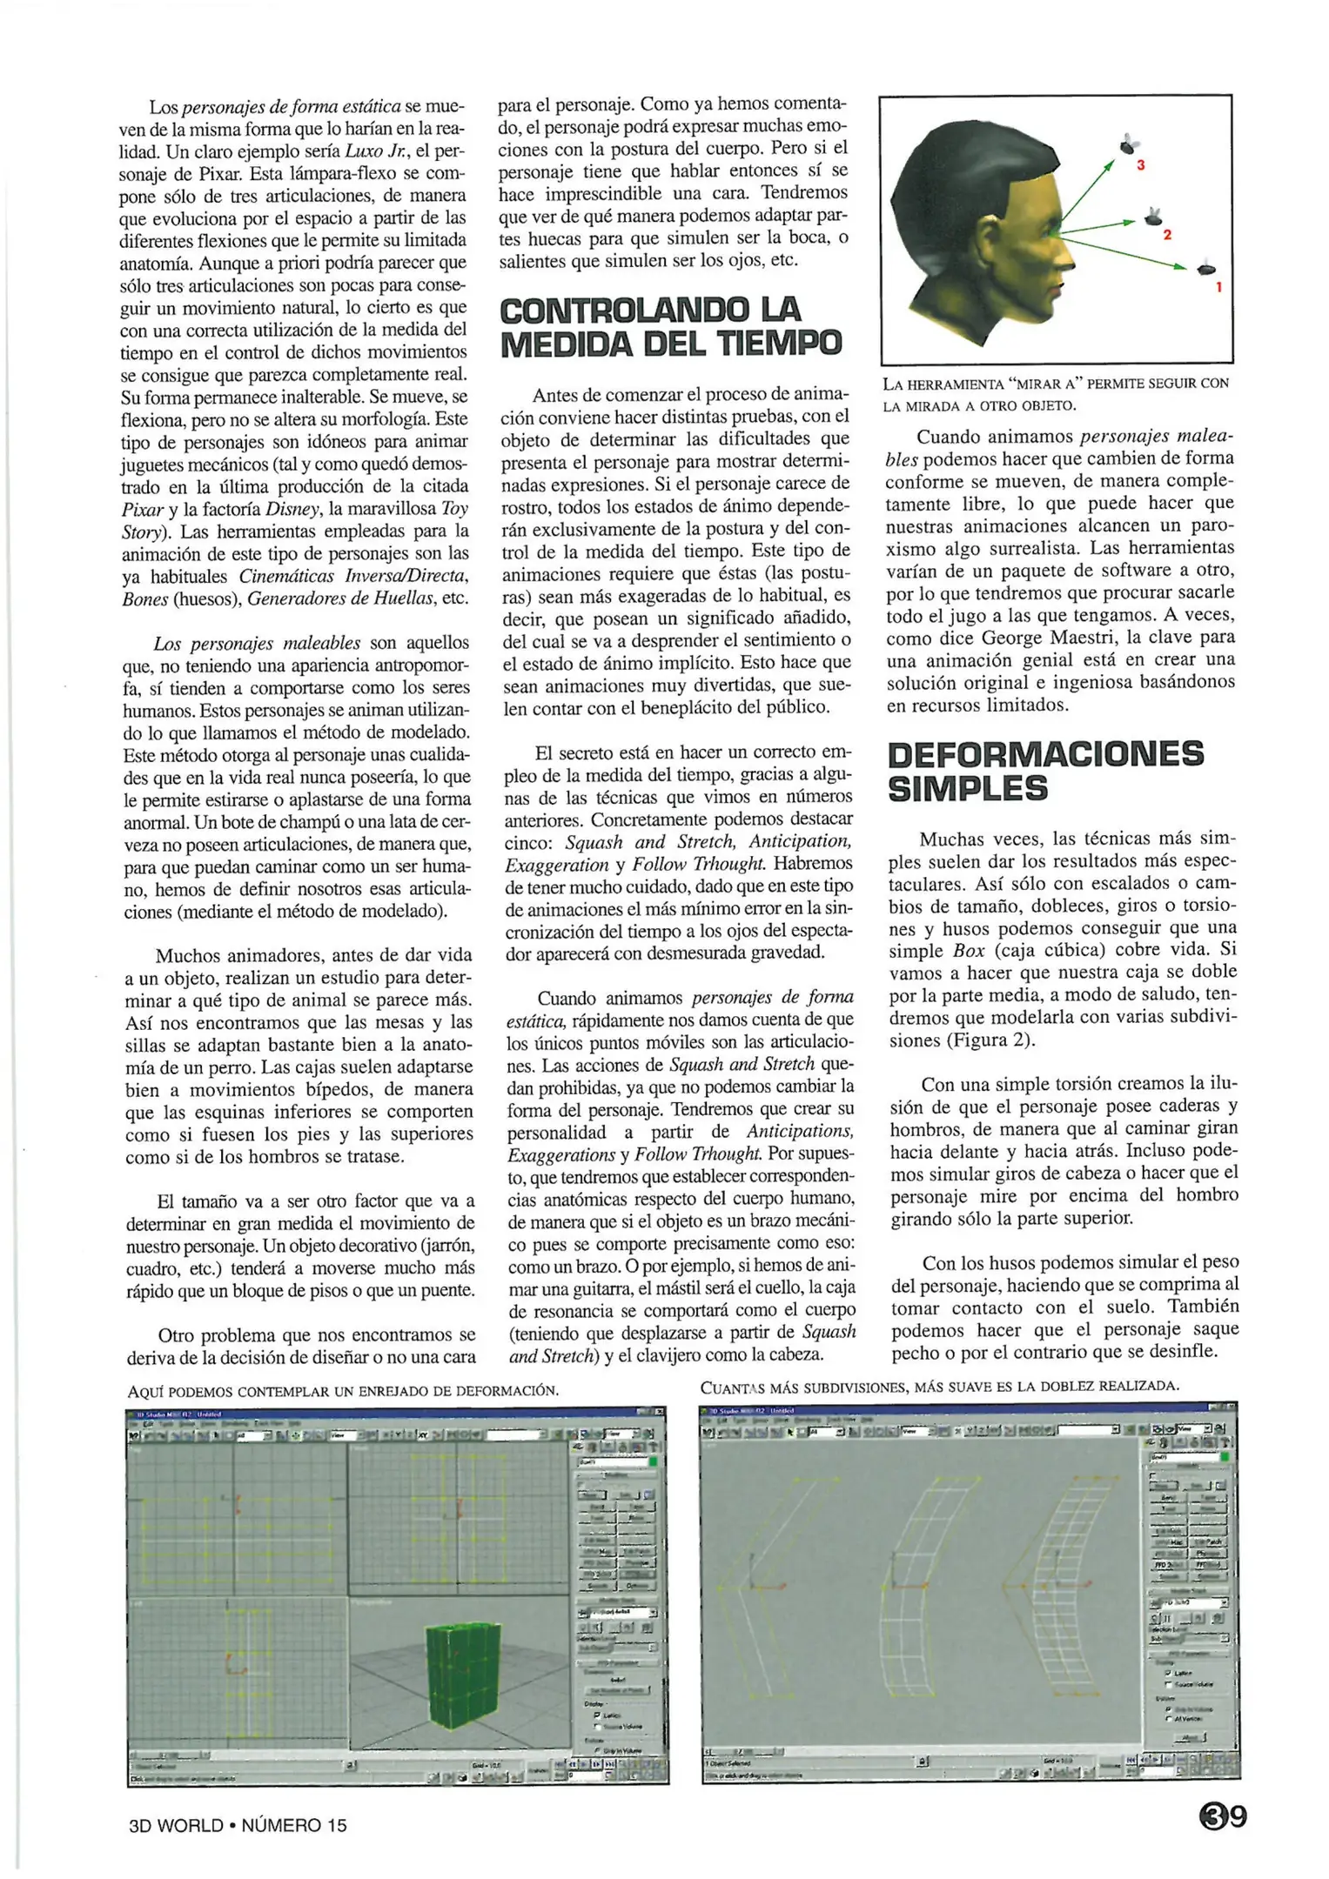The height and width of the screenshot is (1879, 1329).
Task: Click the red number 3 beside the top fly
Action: (x=1140, y=164)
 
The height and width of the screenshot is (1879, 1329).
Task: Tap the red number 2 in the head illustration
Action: (x=1167, y=235)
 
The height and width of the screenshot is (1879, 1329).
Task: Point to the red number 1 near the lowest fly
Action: (x=1218, y=286)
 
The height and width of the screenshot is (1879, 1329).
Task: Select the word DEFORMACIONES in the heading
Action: (x=1045, y=754)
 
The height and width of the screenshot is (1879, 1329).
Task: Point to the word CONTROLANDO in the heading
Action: (x=624, y=310)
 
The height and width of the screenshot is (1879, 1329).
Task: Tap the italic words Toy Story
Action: (x=453, y=509)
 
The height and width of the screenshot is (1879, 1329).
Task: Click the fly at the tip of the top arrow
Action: (x=1129, y=144)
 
